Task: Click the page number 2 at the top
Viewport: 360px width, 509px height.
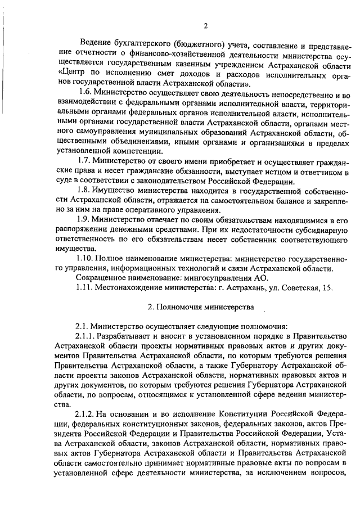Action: point(206,24)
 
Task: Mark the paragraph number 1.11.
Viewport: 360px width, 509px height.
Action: point(85,287)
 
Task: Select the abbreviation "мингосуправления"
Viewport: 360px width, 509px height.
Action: point(220,278)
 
